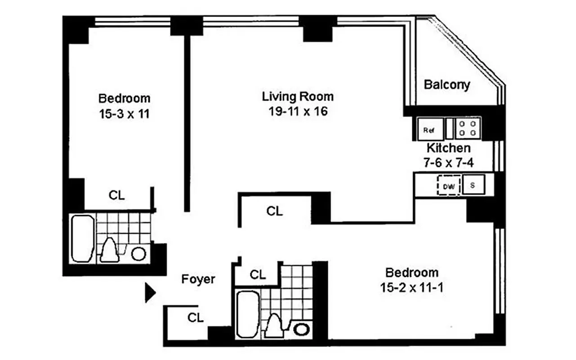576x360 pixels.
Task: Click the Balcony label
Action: (x=447, y=85)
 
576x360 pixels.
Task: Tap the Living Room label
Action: (x=298, y=96)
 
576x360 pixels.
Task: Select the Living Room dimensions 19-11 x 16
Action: (x=298, y=111)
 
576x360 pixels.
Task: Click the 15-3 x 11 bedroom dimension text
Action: (x=124, y=114)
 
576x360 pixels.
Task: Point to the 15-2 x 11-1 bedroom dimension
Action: (x=411, y=288)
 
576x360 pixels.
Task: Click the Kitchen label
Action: (x=448, y=148)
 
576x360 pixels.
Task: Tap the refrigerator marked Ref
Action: (x=429, y=129)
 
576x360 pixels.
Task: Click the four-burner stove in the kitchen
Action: (x=468, y=128)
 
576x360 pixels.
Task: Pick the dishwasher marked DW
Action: (x=449, y=185)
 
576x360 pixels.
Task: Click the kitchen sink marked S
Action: (x=473, y=185)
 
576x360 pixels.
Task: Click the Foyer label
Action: (x=198, y=279)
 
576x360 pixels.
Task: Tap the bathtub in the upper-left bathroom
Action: (x=83, y=238)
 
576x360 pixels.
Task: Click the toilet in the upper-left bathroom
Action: (x=109, y=250)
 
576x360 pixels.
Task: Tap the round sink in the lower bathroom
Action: (x=301, y=329)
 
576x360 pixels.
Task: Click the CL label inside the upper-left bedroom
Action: (x=117, y=196)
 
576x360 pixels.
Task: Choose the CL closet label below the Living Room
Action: (x=274, y=211)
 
